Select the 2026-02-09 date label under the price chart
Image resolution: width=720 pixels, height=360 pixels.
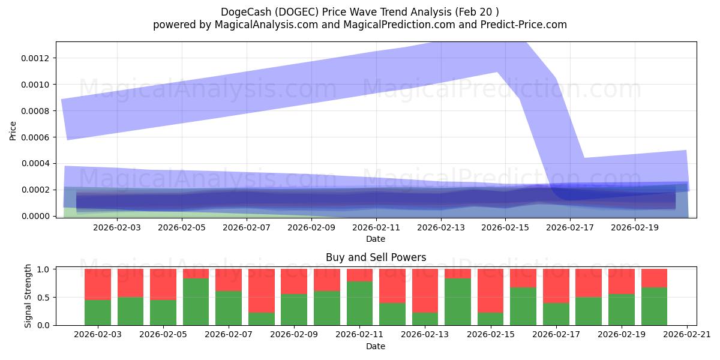[x=311, y=228]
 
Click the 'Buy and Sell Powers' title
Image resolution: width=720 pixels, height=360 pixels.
[x=376, y=257]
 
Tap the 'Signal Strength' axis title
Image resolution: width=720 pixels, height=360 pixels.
[x=28, y=295]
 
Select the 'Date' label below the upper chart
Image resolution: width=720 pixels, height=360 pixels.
[x=376, y=239]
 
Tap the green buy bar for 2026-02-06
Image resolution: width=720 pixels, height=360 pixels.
[x=196, y=302]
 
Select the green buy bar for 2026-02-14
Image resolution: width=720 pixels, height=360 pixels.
[x=457, y=302]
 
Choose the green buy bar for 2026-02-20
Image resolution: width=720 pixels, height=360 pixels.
[x=654, y=306]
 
